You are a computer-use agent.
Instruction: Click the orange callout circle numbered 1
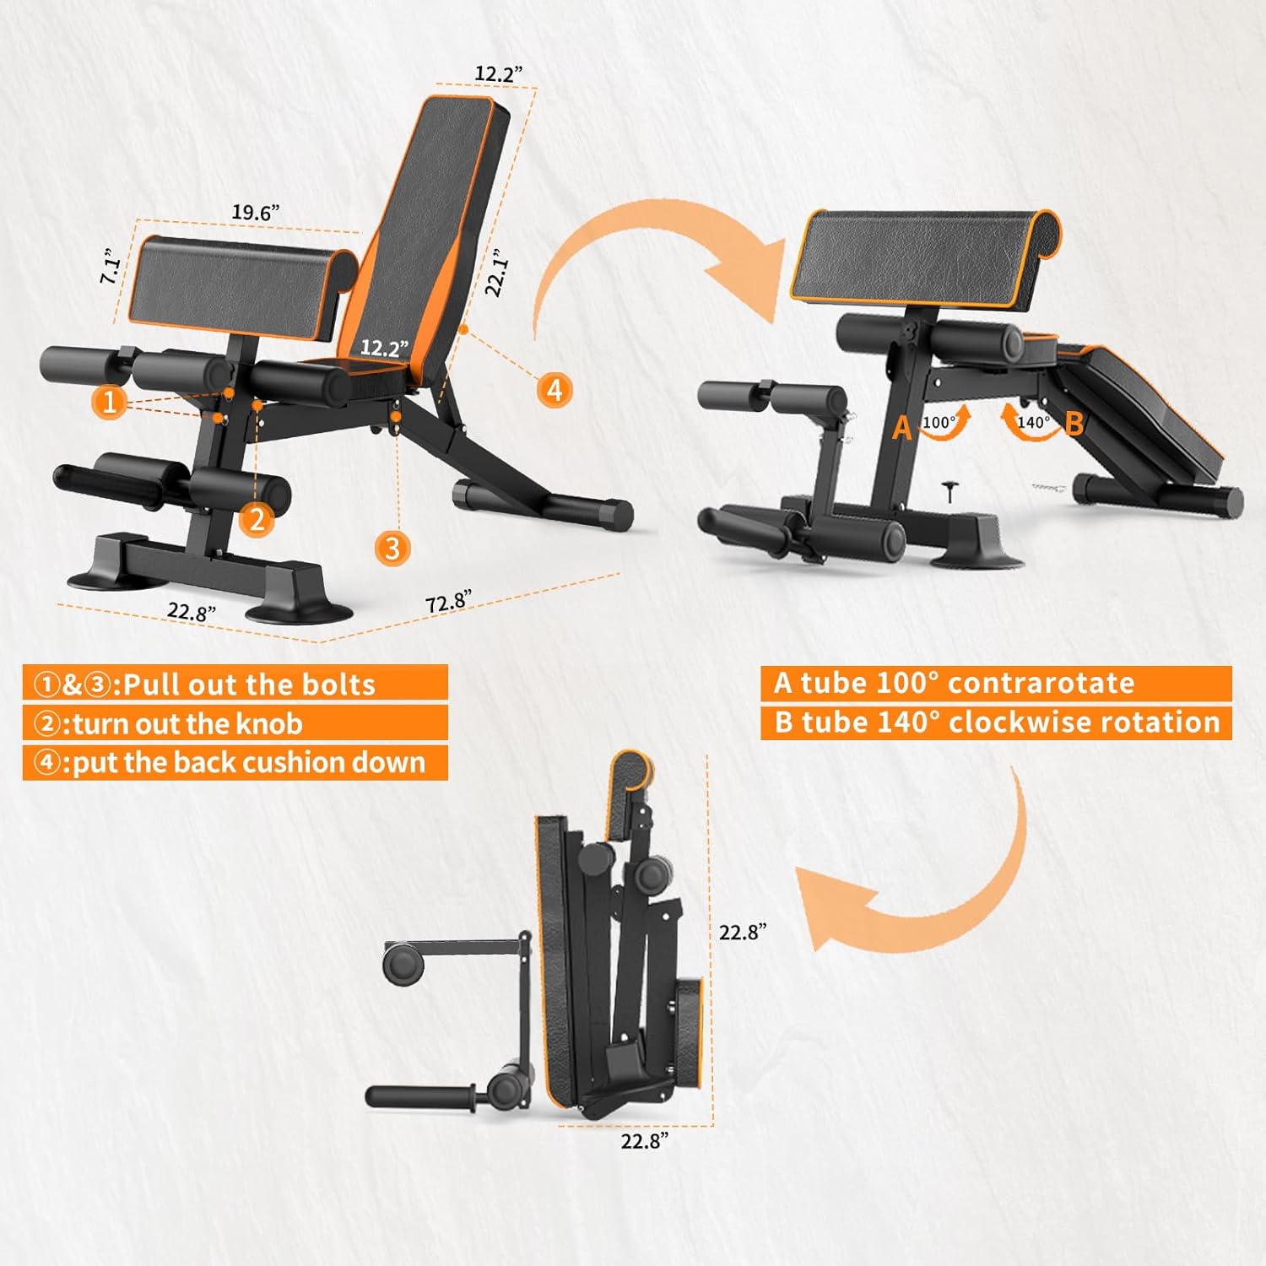(110, 401)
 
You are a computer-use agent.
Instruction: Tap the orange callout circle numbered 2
(257, 518)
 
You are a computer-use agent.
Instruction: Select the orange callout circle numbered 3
(392, 549)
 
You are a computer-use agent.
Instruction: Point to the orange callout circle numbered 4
(555, 390)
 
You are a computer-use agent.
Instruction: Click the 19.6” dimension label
(256, 213)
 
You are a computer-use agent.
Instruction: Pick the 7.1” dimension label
(111, 266)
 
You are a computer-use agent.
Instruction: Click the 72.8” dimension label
(448, 601)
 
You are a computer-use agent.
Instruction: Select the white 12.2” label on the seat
(385, 348)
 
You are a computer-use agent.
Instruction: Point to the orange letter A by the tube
(902, 428)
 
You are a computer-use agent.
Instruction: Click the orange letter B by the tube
(1074, 423)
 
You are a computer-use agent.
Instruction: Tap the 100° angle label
(939, 423)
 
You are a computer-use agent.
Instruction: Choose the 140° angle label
(1034, 422)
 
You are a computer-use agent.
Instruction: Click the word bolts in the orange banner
(341, 684)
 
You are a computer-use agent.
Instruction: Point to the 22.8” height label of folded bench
(743, 932)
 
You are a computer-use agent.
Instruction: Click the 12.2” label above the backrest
(499, 73)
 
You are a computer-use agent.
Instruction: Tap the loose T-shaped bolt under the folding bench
(951, 490)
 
